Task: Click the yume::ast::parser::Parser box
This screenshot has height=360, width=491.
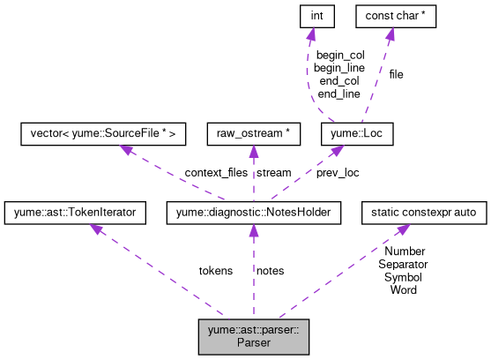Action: (x=253, y=337)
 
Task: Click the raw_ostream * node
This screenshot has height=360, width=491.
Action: (x=254, y=134)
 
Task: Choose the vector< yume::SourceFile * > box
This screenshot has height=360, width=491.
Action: (x=103, y=134)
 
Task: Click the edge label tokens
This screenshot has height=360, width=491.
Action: (x=216, y=271)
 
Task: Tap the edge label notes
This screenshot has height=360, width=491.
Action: (x=270, y=271)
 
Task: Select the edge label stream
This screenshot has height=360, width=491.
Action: (x=273, y=173)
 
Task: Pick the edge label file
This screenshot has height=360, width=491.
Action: (x=396, y=75)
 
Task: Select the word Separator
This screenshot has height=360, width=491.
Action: (x=403, y=264)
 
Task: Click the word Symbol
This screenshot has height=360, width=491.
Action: (x=403, y=276)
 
